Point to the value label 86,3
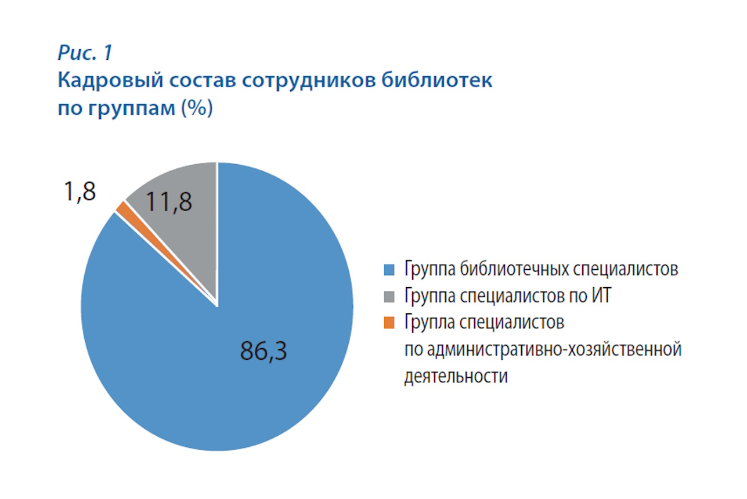pyautogui.click(x=264, y=351)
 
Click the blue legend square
pyautogui.click(x=389, y=270)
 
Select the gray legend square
pyautogui.click(x=389, y=296)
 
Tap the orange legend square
pyautogui.click(x=389, y=323)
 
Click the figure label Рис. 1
pyautogui.click(x=85, y=53)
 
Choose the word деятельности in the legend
pyautogui.click(x=456, y=376)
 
